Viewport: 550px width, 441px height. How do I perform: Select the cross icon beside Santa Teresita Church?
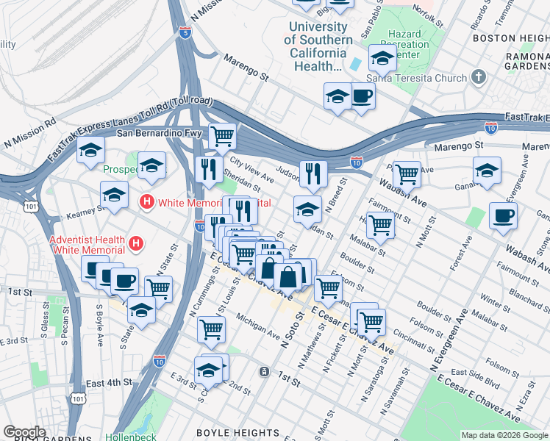479,77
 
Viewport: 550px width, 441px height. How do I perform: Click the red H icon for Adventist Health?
136,243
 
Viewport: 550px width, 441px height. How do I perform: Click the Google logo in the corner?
25,432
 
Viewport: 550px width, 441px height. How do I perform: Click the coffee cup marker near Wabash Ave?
503,215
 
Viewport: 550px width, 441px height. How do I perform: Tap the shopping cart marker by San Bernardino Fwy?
222,135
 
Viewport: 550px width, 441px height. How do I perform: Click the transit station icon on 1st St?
263,371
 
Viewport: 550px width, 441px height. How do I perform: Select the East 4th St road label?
109,383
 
